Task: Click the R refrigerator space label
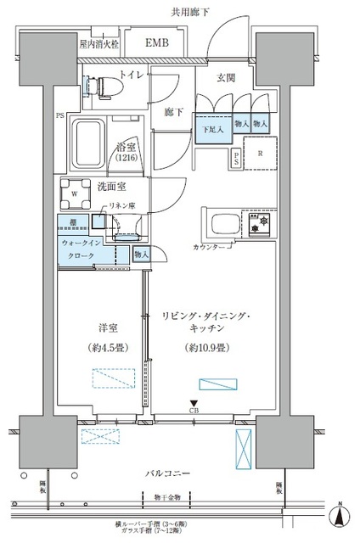pyautogui.click(x=259, y=154)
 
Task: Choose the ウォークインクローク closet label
pyautogui.click(x=82, y=249)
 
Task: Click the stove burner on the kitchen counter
pyautogui.click(x=254, y=224)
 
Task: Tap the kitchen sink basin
pyautogui.click(x=222, y=225)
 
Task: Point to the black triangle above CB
pyautogui.click(x=195, y=404)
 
